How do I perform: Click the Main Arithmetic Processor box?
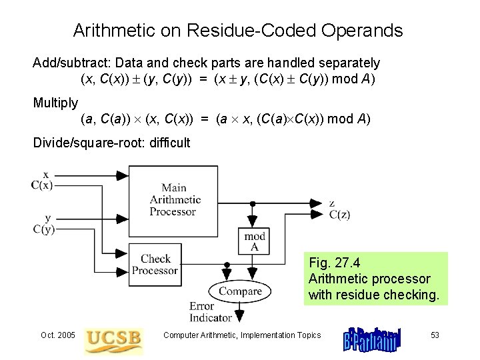coord(173,199)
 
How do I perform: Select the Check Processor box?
coord(155,264)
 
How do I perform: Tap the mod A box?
coord(254,241)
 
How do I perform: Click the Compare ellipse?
coord(240,291)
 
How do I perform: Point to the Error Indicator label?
coord(211,312)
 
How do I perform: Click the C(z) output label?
coord(339,214)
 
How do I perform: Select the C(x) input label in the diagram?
coord(42,185)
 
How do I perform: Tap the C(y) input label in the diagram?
coord(43,229)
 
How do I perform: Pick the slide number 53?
coord(435,335)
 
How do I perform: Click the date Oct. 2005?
coord(58,335)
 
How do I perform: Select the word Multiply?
coord(55,103)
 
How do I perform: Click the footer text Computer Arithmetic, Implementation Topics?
coord(242,335)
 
